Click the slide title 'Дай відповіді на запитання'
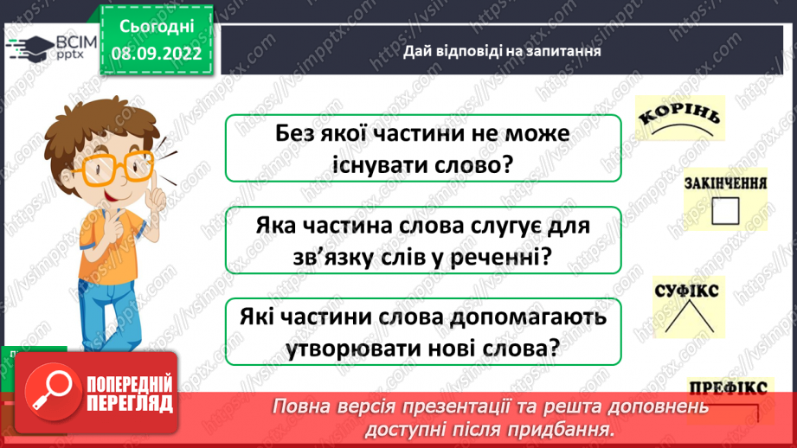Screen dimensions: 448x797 tap(502, 51)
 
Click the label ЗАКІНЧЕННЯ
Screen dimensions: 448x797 tap(725, 184)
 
